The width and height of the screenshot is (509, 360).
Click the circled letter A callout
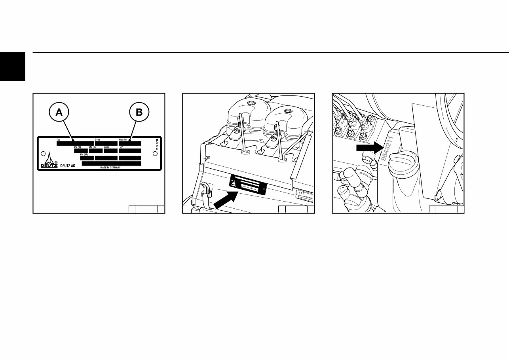[59, 112]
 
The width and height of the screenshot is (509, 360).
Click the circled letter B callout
[139, 112]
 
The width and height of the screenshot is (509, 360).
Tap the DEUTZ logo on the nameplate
[49, 160]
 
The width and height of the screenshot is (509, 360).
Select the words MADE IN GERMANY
[110, 168]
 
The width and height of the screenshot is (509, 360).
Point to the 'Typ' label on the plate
[58, 140]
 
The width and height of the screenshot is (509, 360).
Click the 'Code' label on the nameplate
[97, 140]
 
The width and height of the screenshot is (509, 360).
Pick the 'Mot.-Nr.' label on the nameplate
[123, 140]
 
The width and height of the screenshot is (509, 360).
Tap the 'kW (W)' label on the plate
[84, 154]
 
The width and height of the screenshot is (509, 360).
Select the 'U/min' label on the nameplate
[106, 147]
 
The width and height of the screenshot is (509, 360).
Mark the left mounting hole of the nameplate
[43, 153]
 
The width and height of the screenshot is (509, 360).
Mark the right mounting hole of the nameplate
[155, 153]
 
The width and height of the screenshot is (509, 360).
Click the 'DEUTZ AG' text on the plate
[67, 166]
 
